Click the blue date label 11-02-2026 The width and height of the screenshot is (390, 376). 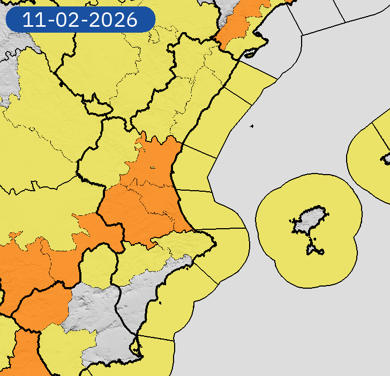coord(80,20)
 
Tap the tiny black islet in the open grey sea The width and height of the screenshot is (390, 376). coord(251,126)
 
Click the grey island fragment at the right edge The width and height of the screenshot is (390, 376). coord(386,159)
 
